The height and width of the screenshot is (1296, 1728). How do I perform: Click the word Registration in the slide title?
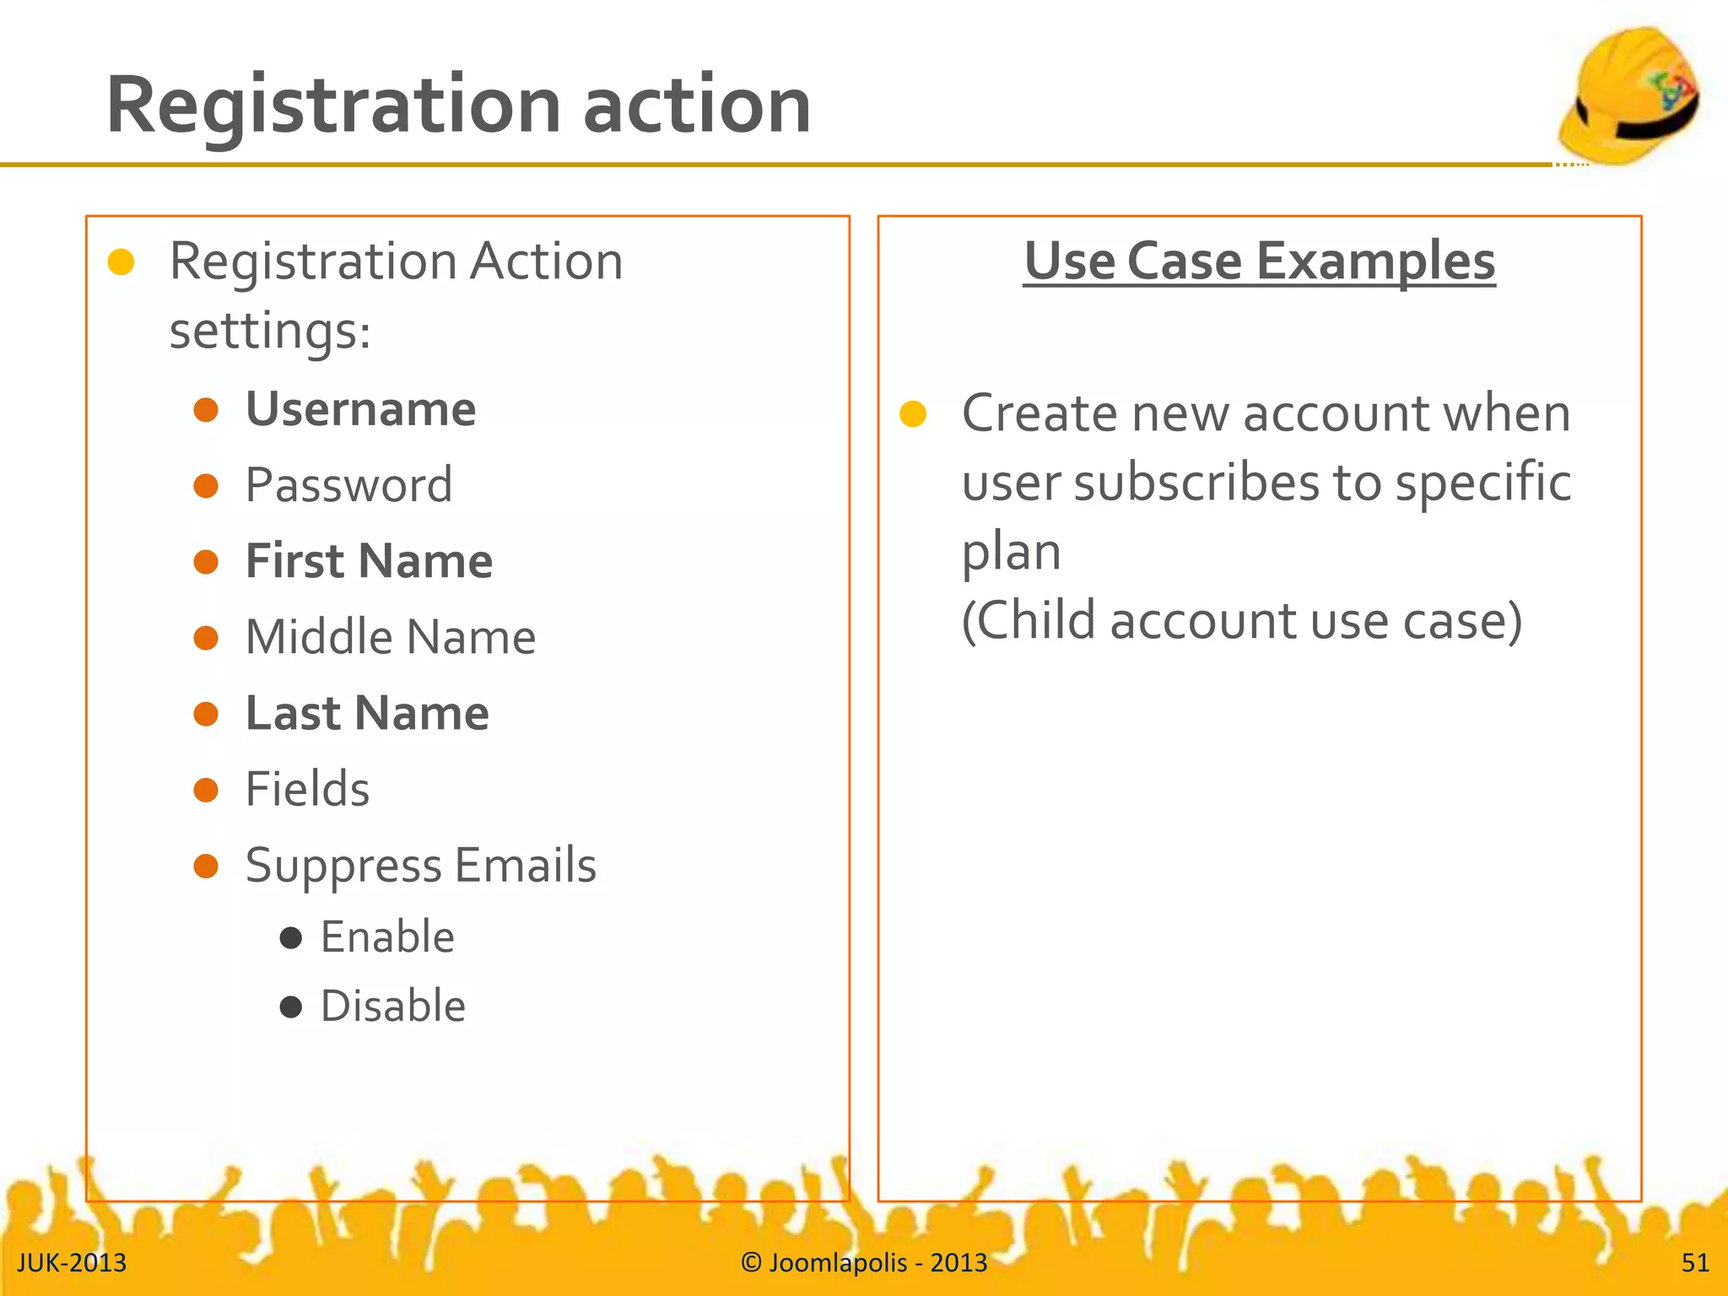333,105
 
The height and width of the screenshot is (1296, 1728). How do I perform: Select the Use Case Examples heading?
1259,261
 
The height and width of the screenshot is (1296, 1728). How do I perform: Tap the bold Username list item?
360,410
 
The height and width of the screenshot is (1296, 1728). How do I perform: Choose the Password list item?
348,485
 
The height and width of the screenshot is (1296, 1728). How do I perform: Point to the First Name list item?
369,562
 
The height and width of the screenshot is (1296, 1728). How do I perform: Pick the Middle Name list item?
390,638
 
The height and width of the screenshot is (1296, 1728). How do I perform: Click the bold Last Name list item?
367,714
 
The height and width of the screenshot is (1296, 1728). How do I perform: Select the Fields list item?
307,790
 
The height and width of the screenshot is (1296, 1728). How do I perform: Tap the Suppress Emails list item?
420,866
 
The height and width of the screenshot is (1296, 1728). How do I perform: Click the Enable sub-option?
387,937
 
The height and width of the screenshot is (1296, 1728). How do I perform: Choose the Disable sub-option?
392,1007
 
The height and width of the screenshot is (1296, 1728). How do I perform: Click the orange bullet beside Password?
206,486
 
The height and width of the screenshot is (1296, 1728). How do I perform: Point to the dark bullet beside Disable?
291,1007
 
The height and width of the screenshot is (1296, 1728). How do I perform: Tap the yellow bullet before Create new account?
913,414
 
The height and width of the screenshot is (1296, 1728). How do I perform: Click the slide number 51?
1695,1263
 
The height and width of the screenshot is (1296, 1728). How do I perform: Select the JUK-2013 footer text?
72,1263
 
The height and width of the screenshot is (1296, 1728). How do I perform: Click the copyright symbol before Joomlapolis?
751,1262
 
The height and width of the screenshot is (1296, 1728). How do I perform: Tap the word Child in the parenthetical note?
1037,622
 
